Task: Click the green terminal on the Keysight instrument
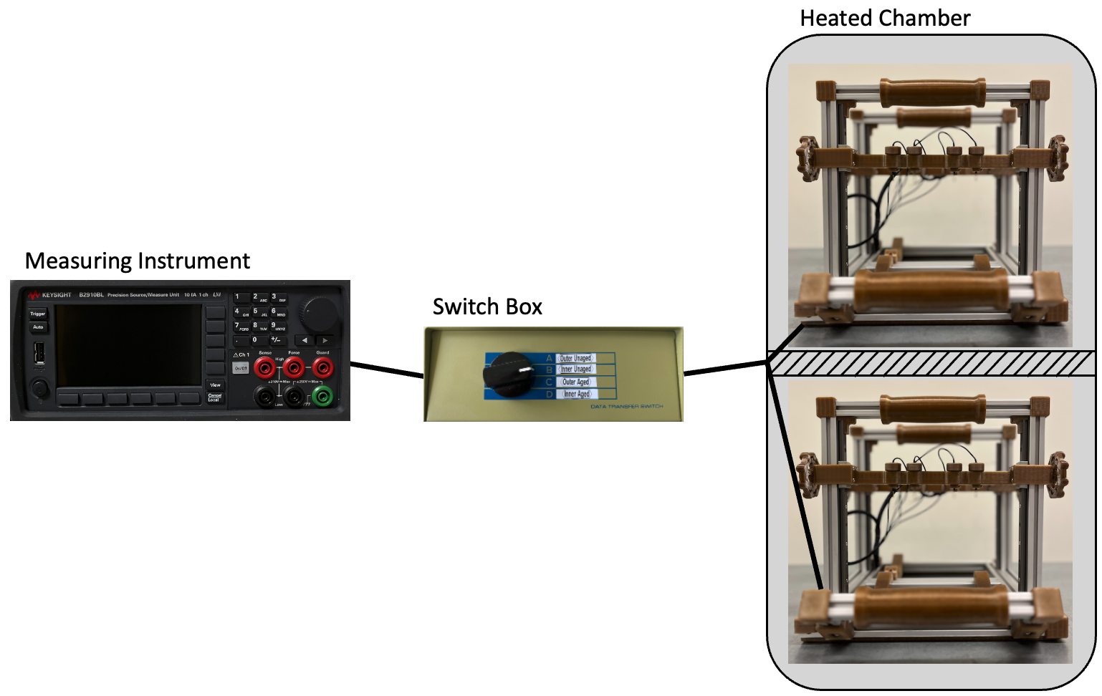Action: point(322,395)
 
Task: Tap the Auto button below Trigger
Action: point(38,327)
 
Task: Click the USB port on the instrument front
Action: point(39,352)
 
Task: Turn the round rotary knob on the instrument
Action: point(320,313)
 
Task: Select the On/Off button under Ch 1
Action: point(241,368)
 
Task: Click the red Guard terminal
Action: point(322,368)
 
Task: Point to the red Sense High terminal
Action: point(264,368)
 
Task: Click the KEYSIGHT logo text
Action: point(56,295)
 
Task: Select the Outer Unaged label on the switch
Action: point(575,358)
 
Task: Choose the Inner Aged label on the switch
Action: point(576,394)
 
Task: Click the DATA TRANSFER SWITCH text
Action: point(626,407)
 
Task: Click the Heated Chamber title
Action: point(885,18)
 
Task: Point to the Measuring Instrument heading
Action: point(137,261)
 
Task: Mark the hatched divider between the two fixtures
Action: point(931,364)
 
